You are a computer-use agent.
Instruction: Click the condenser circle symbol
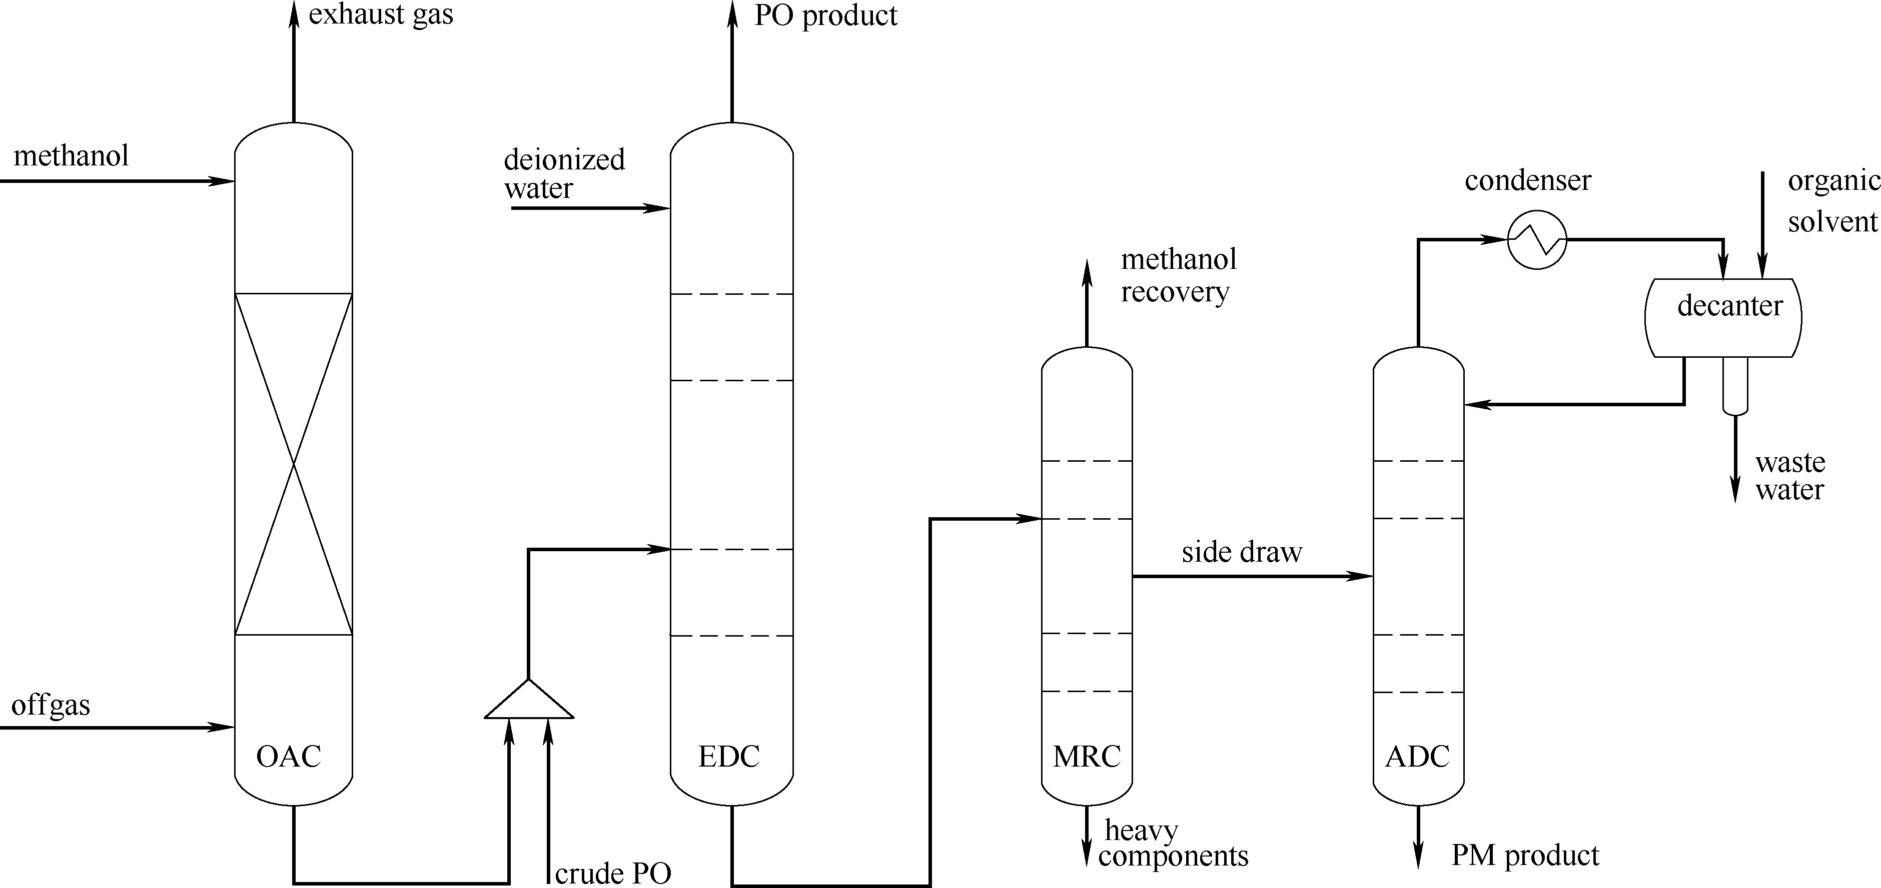[1537, 239]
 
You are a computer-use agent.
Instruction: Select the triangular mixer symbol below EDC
[529, 701]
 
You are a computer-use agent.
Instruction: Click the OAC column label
[289, 757]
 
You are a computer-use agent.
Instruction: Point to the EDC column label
[729, 757]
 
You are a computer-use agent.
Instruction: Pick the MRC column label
[1087, 757]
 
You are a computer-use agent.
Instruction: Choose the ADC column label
[1417, 757]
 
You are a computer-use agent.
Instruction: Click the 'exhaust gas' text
[380, 14]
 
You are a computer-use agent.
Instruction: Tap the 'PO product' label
[825, 15]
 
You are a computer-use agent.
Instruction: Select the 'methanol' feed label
[71, 155]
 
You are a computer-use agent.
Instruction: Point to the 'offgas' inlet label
[51, 706]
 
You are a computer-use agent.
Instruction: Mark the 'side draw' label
[1241, 552]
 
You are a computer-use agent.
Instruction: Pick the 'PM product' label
[1525, 855]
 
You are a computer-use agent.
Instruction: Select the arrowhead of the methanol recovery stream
[1087, 270]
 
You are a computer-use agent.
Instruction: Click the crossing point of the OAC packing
[294, 464]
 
